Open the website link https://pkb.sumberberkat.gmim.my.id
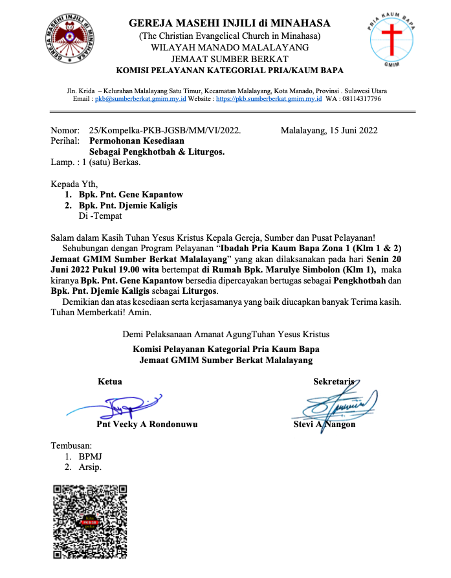[269, 99]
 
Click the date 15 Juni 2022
[353, 130]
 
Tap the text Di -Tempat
[100, 216]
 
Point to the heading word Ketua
[109, 382]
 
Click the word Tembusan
[71, 445]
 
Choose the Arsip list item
[90, 467]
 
